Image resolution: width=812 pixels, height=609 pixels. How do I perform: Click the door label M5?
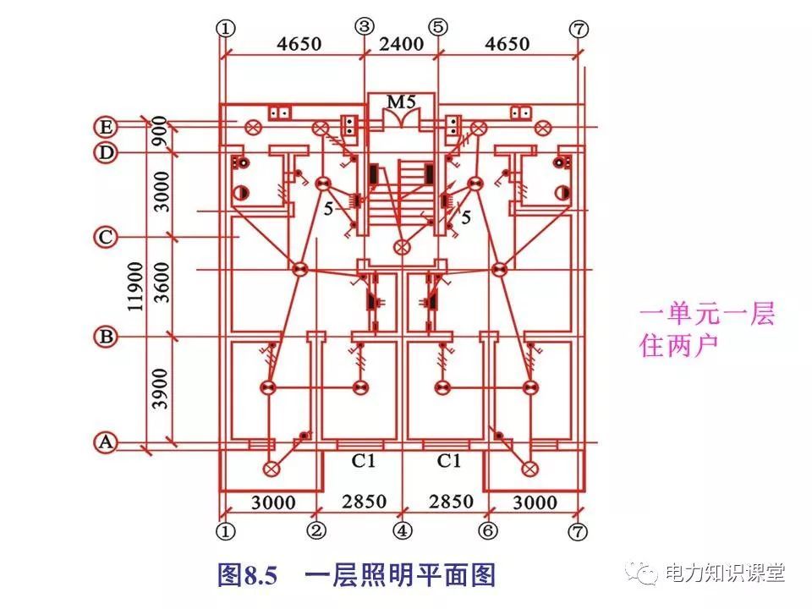click(x=400, y=102)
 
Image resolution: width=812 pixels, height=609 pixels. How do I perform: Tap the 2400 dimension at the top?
click(x=400, y=44)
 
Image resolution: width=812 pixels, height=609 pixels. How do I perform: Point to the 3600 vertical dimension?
click(x=161, y=284)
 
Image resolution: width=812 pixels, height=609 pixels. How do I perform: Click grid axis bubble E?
click(x=105, y=128)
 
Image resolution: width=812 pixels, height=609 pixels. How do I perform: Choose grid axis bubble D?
click(x=105, y=153)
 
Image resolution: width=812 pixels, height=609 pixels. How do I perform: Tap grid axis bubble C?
click(x=105, y=238)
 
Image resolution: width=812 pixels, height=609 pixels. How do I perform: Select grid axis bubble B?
click(x=105, y=337)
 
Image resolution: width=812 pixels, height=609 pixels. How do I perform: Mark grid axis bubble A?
click(x=105, y=442)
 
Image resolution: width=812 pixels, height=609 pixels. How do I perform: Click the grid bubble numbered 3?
click(x=364, y=26)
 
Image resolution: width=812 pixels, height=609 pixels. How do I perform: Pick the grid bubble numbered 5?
click(x=437, y=26)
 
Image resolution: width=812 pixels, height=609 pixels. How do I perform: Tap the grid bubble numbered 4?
click(x=402, y=531)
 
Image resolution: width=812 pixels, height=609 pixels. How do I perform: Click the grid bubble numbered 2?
click(x=315, y=531)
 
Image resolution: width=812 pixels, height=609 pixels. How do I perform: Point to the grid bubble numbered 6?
click(x=488, y=531)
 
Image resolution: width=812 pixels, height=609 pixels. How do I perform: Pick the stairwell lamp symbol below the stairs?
click(x=403, y=247)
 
